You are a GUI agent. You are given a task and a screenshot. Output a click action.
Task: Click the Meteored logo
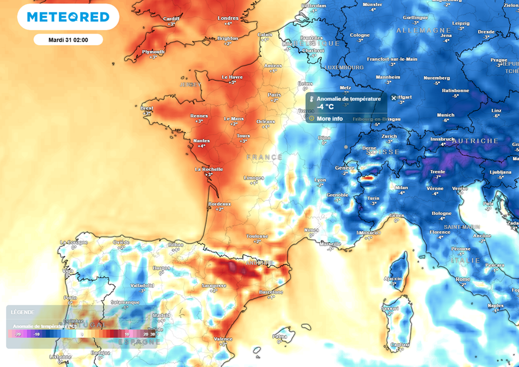click(68, 17)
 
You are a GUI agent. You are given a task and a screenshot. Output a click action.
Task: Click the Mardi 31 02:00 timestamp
click(68, 39)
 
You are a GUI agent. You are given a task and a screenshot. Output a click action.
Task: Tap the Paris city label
click(274, 95)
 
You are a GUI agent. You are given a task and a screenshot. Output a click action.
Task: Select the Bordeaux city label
click(219, 204)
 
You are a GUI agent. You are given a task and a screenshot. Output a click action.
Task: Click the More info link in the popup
click(329, 119)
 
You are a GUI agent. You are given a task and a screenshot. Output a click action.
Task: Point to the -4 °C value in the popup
click(325, 107)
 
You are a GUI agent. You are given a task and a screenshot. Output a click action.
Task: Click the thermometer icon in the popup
click(312, 99)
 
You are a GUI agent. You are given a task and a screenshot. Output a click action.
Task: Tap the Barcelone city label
click(271, 292)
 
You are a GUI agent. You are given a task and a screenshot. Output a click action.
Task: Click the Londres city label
click(228, 18)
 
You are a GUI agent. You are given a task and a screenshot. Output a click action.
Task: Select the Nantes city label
click(202, 141)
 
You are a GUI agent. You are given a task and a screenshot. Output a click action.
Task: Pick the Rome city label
click(463, 279)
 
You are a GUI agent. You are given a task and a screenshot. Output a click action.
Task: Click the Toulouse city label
click(257, 236)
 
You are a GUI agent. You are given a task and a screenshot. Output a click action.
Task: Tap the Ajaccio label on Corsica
click(393, 278)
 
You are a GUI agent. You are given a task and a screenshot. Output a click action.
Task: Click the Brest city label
click(146, 108)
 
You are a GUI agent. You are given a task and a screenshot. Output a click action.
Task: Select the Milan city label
click(401, 187)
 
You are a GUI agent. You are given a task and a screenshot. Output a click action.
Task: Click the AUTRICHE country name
click(475, 141)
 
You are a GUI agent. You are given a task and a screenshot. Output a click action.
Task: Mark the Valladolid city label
click(142, 286)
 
